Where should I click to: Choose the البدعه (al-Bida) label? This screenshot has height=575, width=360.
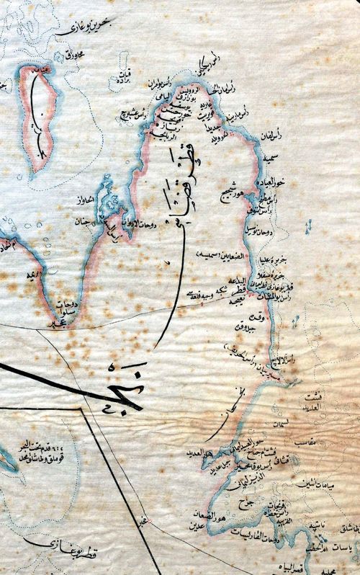[257, 282]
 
